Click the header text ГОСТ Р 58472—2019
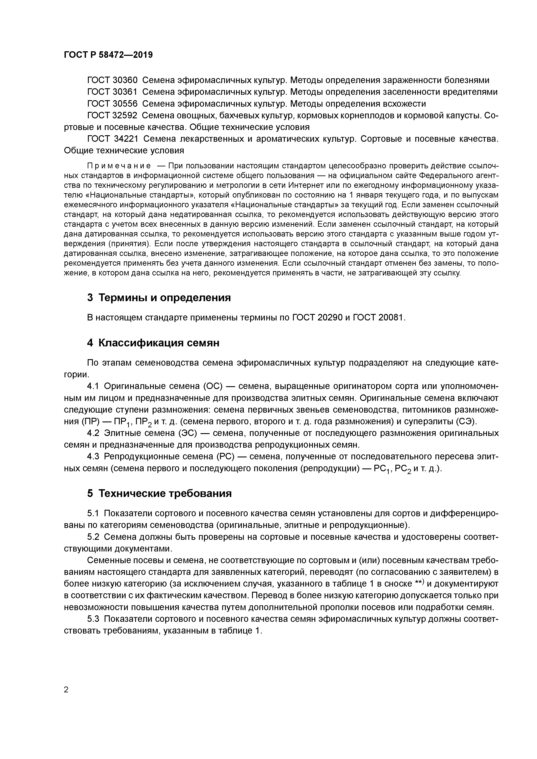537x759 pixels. click(x=108, y=55)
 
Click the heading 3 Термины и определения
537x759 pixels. click(x=159, y=298)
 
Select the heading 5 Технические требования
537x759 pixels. click(x=159, y=494)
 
